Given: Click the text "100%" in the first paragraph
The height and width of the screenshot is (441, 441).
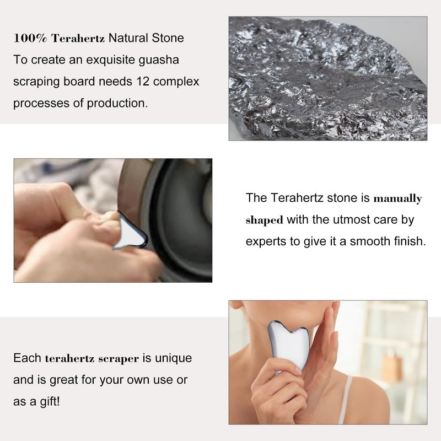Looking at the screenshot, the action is (30, 38).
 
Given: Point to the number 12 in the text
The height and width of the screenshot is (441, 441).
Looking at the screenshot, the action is (143, 82).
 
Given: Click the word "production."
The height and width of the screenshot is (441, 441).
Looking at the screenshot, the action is (117, 104).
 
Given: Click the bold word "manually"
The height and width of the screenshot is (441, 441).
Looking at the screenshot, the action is (397, 199).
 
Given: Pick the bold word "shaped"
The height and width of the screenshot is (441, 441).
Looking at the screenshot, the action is (265, 220).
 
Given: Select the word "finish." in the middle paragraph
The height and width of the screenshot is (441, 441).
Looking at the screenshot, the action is (410, 241).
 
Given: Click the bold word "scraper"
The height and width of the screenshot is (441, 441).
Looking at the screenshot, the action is (119, 359).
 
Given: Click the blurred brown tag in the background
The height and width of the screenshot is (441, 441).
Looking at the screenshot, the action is (392, 368).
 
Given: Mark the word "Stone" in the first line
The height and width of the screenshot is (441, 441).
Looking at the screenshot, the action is (168, 38).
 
